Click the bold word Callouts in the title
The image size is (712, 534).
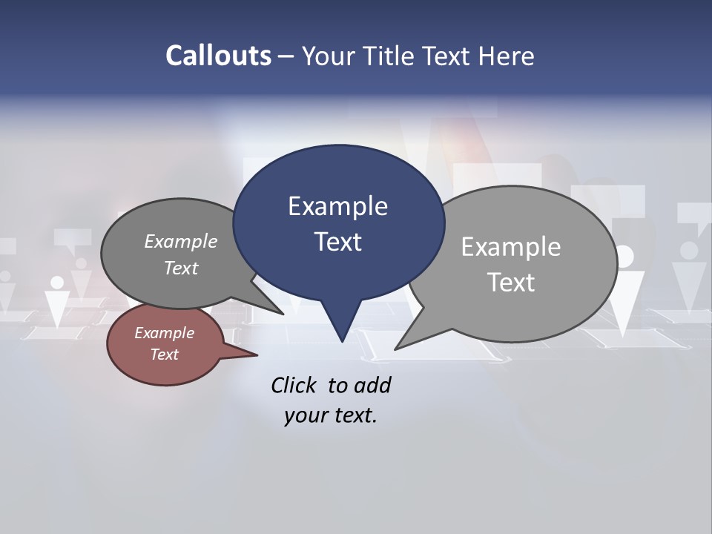[x=218, y=56]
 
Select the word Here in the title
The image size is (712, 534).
[x=507, y=56]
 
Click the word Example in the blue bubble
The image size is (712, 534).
[x=337, y=206]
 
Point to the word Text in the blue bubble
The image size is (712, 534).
[x=337, y=242]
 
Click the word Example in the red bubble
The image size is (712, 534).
[x=164, y=333]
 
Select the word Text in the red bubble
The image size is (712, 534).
[x=164, y=355]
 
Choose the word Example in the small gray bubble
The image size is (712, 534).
[x=180, y=241]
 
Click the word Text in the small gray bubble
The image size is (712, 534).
[x=180, y=268]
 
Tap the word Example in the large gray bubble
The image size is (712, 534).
[x=510, y=247]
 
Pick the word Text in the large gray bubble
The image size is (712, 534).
[x=510, y=283]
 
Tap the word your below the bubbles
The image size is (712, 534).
[x=304, y=415]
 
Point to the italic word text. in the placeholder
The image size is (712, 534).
[x=352, y=415]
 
